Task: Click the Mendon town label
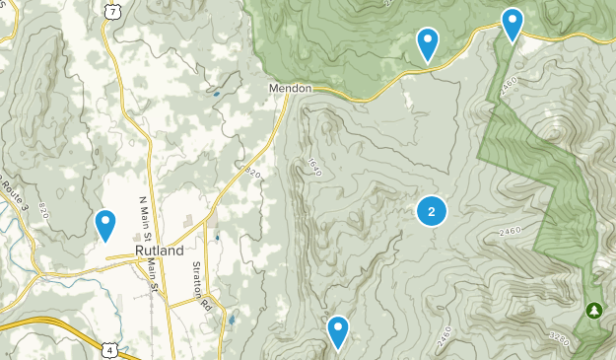[291, 88]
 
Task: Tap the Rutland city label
[160, 251]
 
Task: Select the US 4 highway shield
[108, 348]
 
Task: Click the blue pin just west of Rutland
[105, 226]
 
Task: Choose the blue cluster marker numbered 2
[432, 211]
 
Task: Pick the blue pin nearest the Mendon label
[428, 44]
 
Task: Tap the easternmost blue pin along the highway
[513, 25]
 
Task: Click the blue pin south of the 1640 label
[338, 332]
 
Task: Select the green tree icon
[593, 311]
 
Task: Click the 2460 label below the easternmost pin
[509, 86]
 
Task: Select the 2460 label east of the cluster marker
[509, 229]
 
